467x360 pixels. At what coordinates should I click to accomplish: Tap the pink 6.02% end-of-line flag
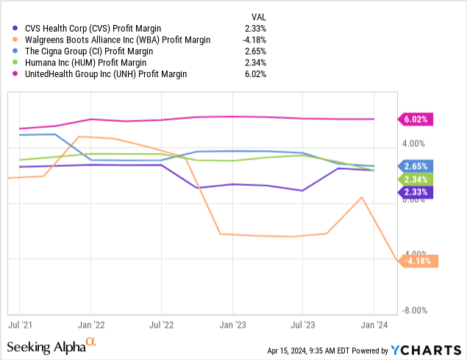click(416, 119)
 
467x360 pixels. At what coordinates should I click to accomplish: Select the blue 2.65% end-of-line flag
click(416, 166)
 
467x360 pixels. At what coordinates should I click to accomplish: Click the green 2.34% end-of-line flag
click(416, 179)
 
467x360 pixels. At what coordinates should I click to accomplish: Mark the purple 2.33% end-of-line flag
click(416, 192)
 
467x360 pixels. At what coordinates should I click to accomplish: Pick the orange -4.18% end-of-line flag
click(418, 261)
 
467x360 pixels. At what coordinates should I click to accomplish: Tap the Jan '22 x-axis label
click(90, 323)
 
